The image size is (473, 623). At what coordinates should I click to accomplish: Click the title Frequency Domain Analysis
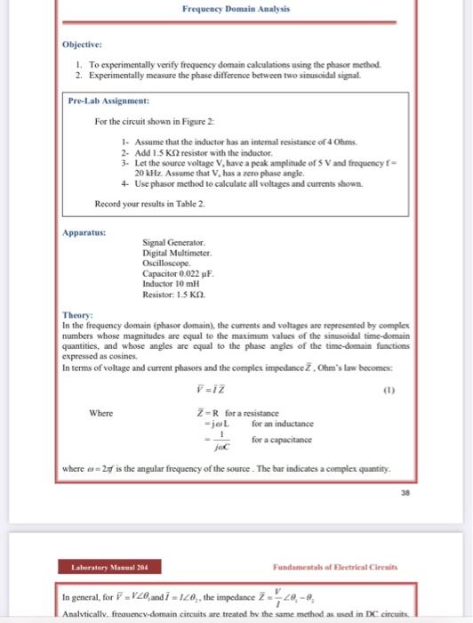pyautogui.click(x=236, y=9)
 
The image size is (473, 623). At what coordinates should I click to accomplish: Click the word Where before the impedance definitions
pyautogui.click(x=100, y=412)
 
